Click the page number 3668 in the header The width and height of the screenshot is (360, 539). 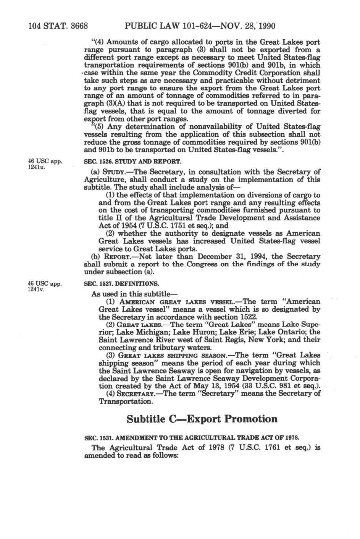coord(77,26)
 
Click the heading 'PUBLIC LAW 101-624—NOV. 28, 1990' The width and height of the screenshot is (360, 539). coord(200,26)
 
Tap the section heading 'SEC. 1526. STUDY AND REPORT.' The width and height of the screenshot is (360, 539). coord(132,161)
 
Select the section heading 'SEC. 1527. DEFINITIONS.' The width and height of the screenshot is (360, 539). coord(121,284)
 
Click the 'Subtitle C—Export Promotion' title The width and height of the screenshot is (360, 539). coord(202,419)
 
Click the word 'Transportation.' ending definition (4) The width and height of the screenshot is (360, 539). coord(126,401)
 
